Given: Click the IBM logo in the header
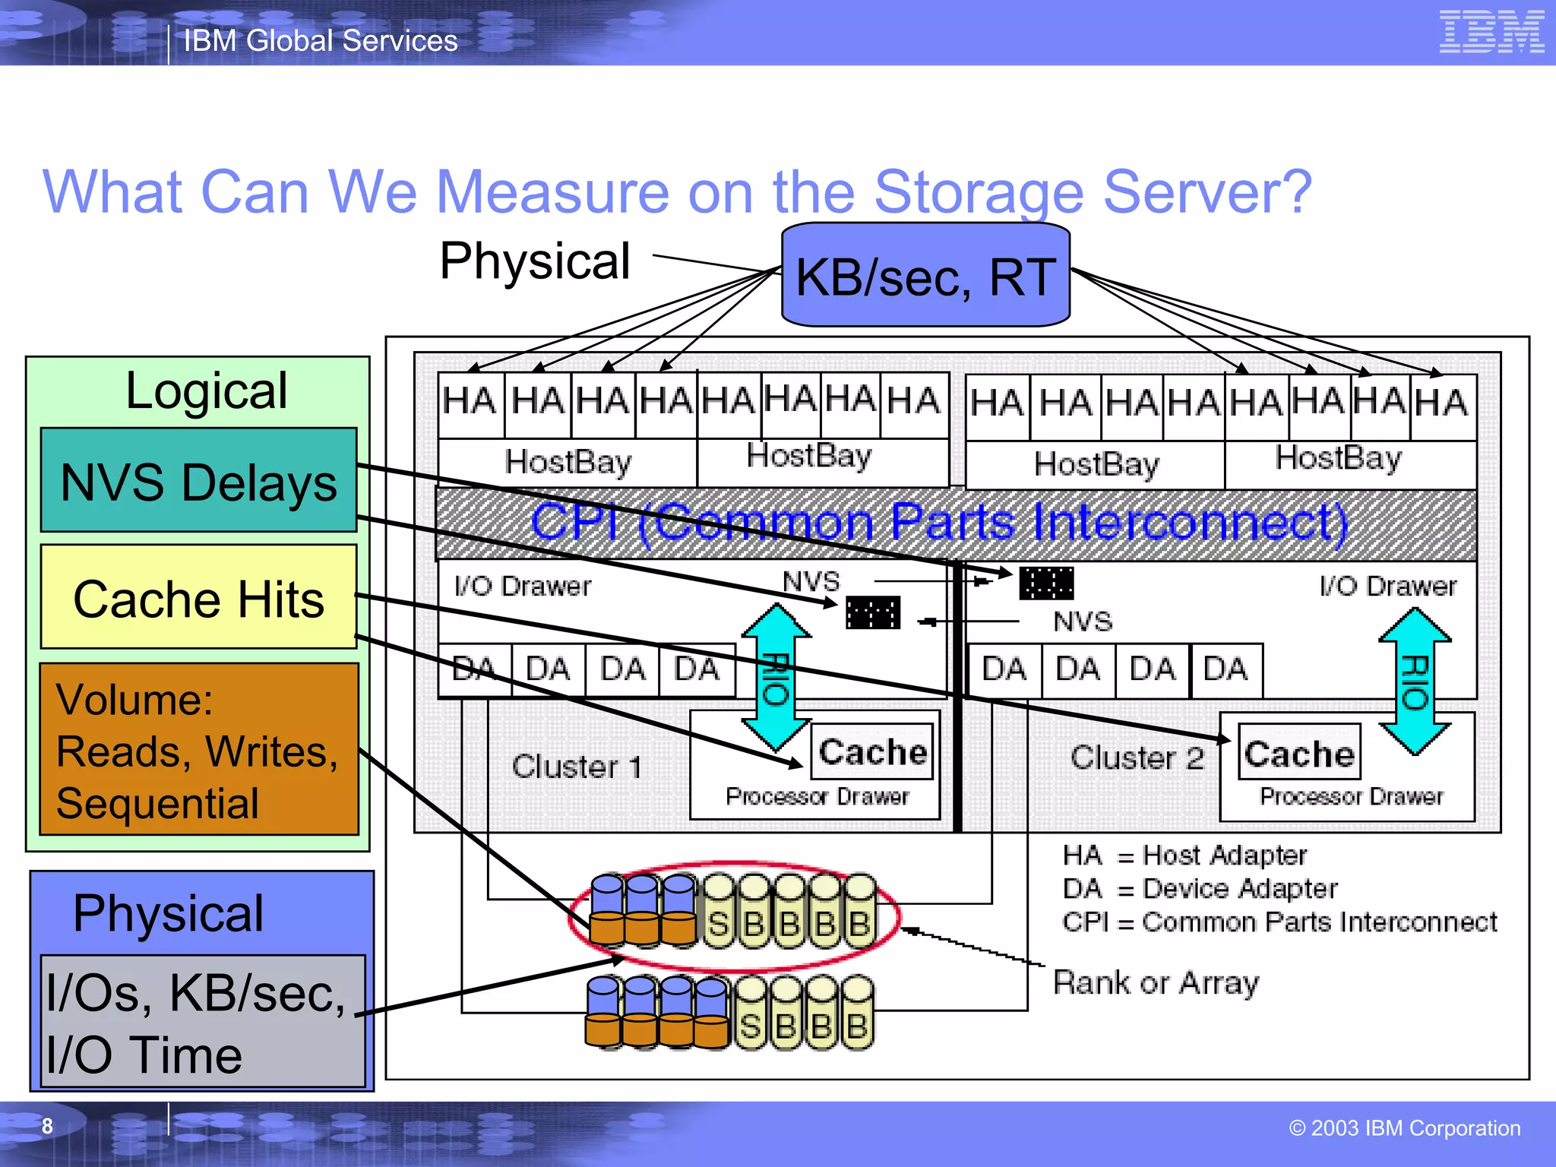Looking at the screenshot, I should click(1491, 32).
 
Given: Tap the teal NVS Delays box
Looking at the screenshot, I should click(198, 481).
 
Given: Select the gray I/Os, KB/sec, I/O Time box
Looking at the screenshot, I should click(202, 1023).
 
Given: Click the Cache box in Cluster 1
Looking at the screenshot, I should click(872, 751).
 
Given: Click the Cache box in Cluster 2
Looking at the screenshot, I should click(1299, 753).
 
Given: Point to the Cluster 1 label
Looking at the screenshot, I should click(577, 766).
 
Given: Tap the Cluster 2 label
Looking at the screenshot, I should click(1137, 757).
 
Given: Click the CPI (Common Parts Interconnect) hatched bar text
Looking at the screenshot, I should click(938, 523).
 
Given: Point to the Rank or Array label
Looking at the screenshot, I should click(1156, 983).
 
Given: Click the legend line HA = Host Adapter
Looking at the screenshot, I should click(1184, 855).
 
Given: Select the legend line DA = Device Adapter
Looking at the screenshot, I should click(1200, 888).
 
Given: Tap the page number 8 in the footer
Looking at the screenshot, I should click(47, 1126).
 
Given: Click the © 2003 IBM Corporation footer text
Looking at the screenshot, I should click(1404, 1128).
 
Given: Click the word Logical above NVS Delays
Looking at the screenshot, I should click(206, 391).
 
